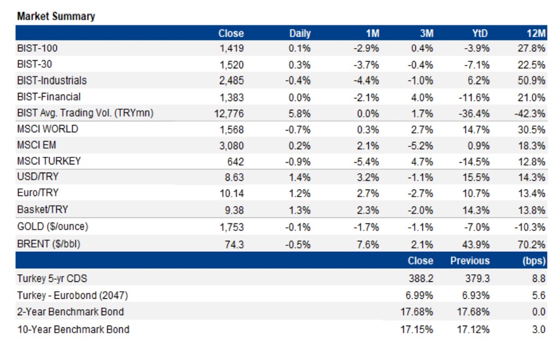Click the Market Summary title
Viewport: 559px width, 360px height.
(56, 16)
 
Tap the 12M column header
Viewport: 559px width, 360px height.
(536, 33)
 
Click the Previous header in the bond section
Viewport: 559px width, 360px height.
(470, 261)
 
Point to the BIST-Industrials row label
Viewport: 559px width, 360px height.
(52, 80)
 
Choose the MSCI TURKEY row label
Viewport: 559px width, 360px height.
(49, 161)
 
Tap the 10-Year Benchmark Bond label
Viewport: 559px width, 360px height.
(73, 329)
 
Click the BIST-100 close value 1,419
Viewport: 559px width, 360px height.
(232, 49)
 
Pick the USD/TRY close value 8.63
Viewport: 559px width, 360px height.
(234, 178)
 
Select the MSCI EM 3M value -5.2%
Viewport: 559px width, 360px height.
(421, 146)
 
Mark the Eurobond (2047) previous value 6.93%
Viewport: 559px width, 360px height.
(475, 296)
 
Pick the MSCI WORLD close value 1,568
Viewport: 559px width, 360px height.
(232, 129)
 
